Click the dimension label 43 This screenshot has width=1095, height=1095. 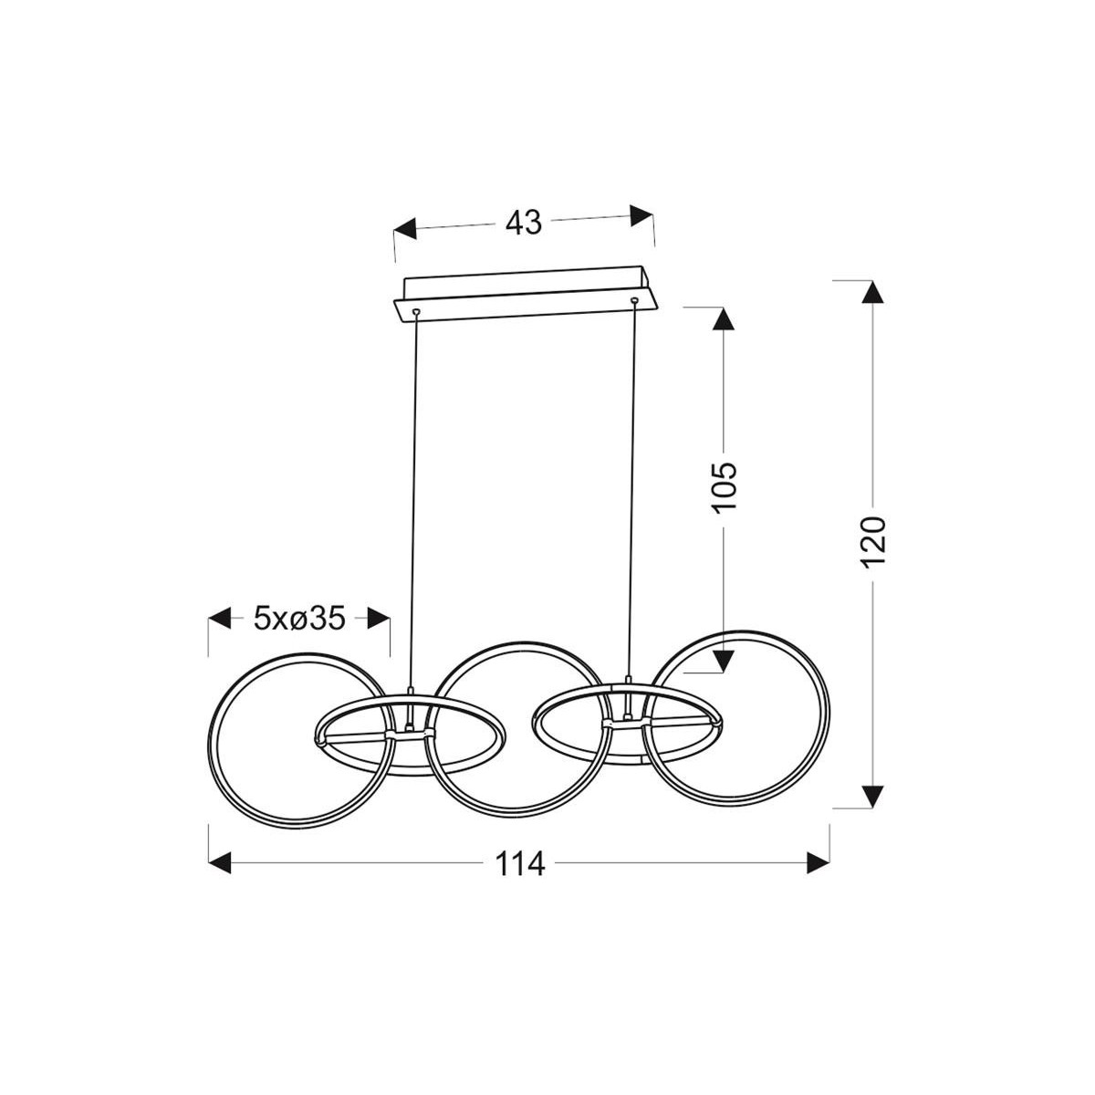click(524, 224)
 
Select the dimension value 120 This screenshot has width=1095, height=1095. click(873, 541)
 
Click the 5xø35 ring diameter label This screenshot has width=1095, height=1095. click(299, 619)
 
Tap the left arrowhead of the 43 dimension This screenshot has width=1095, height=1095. click(405, 229)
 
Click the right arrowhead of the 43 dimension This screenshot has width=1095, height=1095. click(641, 215)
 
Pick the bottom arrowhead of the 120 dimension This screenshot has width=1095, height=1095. click(873, 796)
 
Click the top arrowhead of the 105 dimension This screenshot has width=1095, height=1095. click(723, 318)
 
